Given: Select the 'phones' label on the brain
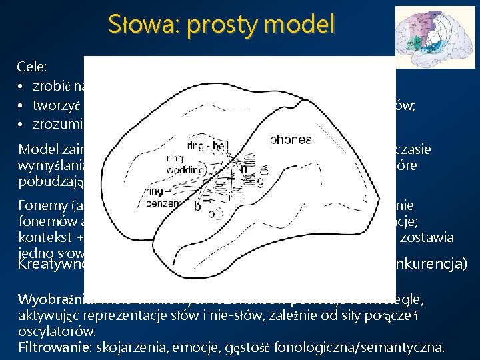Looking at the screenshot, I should click(290, 140).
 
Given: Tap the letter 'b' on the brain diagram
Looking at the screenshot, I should click(197, 207).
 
